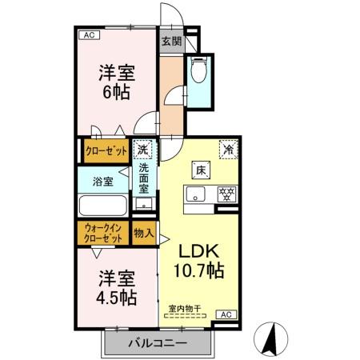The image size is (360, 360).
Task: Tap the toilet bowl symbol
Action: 198,71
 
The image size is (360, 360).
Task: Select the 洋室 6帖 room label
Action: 116,82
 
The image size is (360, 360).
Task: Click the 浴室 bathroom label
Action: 102,182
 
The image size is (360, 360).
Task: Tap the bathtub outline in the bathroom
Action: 102,206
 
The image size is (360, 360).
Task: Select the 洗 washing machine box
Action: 142,149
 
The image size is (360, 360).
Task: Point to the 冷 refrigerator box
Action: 229,149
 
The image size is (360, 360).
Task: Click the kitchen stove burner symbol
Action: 226,193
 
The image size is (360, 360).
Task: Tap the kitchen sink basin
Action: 196,193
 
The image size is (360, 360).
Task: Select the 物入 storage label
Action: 144,233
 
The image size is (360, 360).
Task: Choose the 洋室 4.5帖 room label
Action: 116,288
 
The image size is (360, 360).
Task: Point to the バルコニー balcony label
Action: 158,342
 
